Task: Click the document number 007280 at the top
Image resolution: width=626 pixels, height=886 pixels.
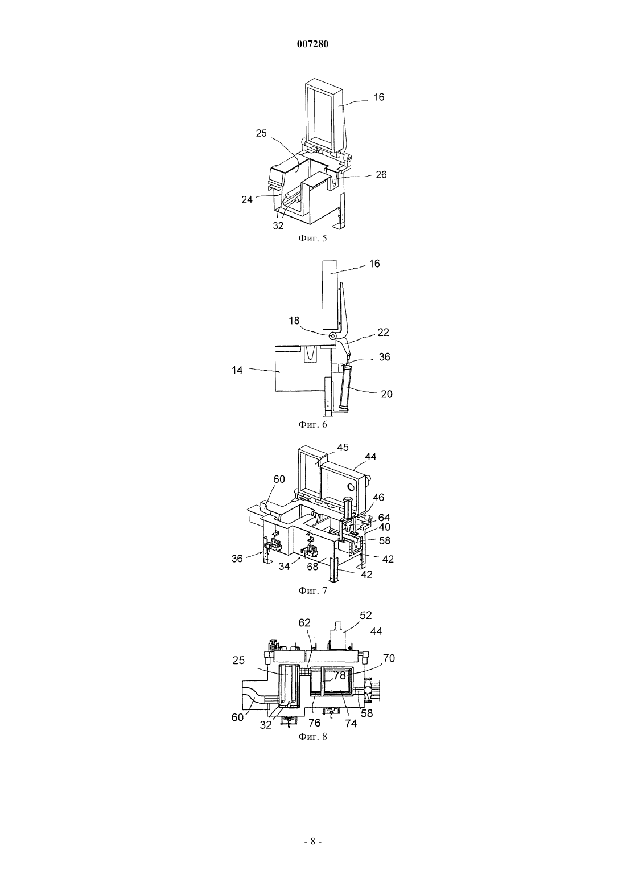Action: pyautogui.click(x=312, y=44)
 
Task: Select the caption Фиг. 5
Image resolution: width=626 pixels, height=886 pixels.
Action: pyautogui.click(x=312, y=238)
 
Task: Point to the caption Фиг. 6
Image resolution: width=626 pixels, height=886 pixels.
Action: pyautogui.click(x=312, y=424)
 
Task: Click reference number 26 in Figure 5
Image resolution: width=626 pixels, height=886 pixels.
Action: pyautogui.click(x=381, y=174)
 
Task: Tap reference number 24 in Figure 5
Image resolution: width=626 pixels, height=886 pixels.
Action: pyautogui.click(x=247, y=200)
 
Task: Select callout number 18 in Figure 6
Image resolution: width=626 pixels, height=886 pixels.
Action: pyautogui.click(x=294, y=321)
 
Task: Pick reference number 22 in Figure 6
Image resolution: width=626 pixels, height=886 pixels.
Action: pyautogui.click(x=384, y=333)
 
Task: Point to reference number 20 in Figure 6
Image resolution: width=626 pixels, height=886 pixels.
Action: pyautogui.click(x=386, y=394)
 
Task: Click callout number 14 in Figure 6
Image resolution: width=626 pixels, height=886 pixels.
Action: pyautogui.click(x=237, y=370)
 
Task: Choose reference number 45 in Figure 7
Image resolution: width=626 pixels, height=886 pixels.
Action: pyautogui.click(x=343, y=448)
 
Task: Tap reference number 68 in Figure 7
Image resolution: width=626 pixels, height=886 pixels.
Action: pyautogui.click(x=312, y=567)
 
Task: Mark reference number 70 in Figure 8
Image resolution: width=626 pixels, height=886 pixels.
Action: pyautogui.click(x=389, y=658)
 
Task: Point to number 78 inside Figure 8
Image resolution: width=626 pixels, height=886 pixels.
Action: pyautogui.click(x=340, y=675)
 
